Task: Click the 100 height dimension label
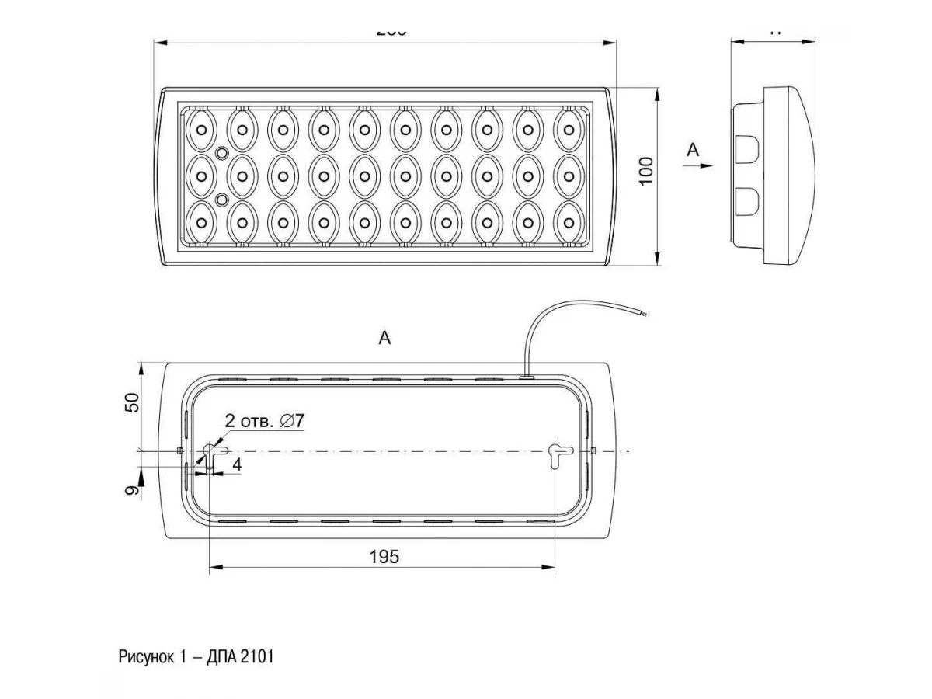click(x=646, y=170)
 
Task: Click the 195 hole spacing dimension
click(x=384, y=556)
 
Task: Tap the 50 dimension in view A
click(x=132, y=402)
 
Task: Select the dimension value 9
click(x=132, y=489)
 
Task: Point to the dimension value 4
click(x=236, y=464)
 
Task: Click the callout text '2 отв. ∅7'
click(x=264, y=421)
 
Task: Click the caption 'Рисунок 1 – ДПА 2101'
click(x=196, y=657)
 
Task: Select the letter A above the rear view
click(x=384, y=338)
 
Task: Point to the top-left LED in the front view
click(x=201, y=129)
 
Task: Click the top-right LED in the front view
click(x=569, y=129)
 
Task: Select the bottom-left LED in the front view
click(x=201, y=222)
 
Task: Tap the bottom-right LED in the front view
click(x=569, y=222)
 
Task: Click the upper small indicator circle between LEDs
click(x=221, y=153)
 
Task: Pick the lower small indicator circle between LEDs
click(x=221, y=200)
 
